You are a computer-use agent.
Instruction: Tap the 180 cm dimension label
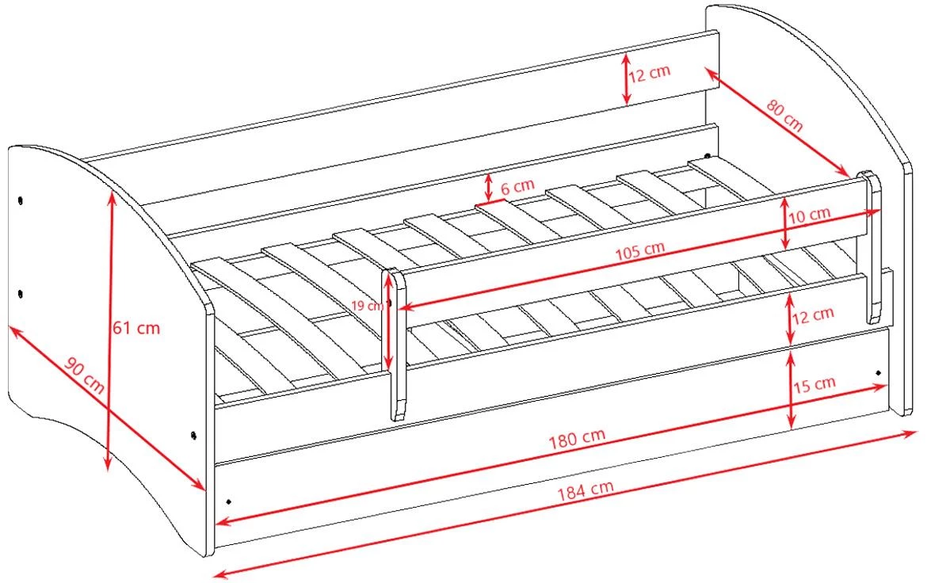pos(577,438)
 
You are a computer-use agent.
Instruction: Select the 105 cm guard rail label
pos(639,250)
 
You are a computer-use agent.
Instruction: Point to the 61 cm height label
pos(136,327)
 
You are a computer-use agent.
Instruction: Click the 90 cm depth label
pos(85,376)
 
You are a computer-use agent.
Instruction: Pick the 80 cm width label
pos(785,115)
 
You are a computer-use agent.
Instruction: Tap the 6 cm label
pos(517,186)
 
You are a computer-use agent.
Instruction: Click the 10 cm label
pos(810,214)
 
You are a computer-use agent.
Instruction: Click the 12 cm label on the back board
pos(649,74)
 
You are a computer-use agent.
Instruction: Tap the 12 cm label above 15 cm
pos(813,315)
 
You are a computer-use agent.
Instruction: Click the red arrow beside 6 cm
pos(488,188)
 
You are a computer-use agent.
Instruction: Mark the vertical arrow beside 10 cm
pos(785,223)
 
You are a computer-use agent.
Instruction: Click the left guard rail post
pos(395,345)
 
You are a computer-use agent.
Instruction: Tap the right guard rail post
pos(872,247)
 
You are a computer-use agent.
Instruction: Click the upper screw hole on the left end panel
pos(21,200)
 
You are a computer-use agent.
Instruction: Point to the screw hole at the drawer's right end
pos(879,373)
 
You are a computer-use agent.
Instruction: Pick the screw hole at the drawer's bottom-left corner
pos(229,502)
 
